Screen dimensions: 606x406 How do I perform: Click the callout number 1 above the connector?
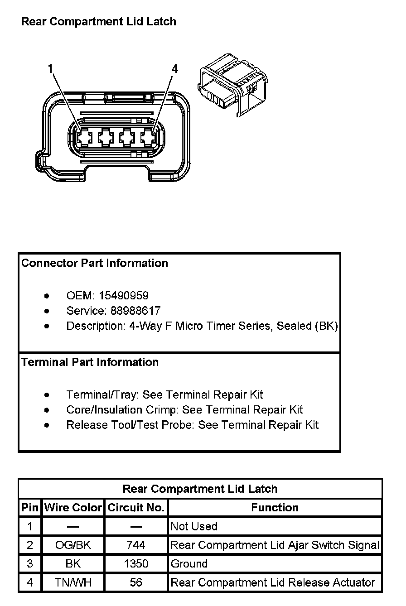click(x=51, y=68)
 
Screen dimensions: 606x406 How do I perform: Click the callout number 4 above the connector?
click(x=175, y=69)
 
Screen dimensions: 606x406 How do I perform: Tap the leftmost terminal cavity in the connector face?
click(x=83, y=137)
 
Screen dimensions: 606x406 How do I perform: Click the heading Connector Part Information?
click(x=95, y=263)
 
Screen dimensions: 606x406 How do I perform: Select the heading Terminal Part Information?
click(x=90, y=362)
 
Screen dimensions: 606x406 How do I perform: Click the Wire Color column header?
click(x=73, y=508)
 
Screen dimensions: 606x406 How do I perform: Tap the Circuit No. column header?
click(x=136, y=508)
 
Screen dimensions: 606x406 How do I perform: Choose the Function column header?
click(x=275, y=508)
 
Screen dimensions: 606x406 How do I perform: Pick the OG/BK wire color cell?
click(x=73, y=545)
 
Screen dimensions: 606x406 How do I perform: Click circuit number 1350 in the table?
click(x=136, y=564)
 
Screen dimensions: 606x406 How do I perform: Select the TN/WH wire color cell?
click(x=73, y=582)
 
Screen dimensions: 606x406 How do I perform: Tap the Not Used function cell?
click(x=194, y=526)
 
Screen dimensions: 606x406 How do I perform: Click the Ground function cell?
click(x=189, y=564)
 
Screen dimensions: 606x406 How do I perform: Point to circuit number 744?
click(x=136, y=545)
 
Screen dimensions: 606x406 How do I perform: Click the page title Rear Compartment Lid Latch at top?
click(x=99, y=22)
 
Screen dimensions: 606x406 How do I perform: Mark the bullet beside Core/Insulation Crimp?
click(x=47, y=410)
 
